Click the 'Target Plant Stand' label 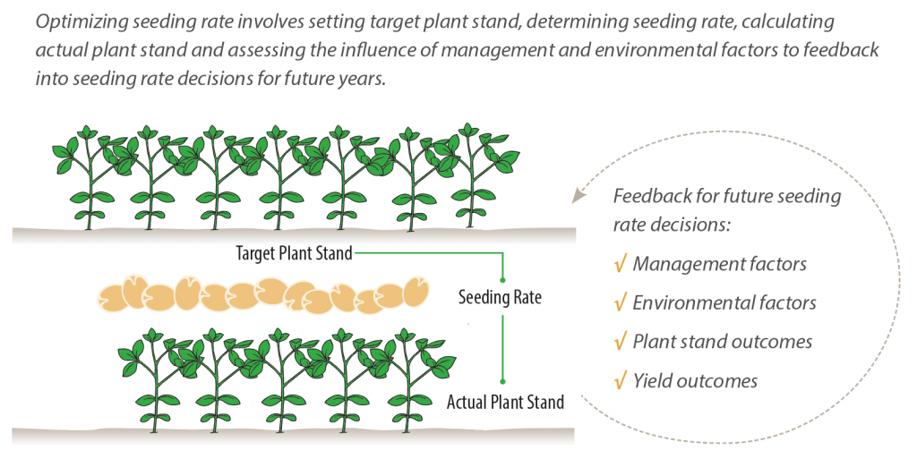pos(295,253)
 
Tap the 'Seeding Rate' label pos(499,297)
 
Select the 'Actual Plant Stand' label pos(505,403)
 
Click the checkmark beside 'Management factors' pos(620,265)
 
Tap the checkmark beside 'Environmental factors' pos(620,303)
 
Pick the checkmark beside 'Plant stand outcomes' pos(620,342)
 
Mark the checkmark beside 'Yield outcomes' pos(620,381)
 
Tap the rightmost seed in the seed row pos(415,293)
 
